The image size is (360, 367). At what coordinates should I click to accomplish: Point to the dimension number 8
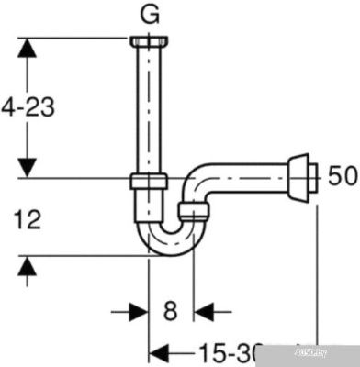click(170, 311)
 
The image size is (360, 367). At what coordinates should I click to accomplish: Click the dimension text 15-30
click(230, 350)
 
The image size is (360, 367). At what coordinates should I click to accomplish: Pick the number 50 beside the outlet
click(342, 175)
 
